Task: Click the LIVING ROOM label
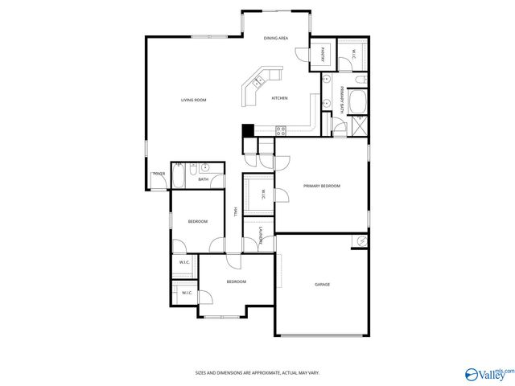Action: tap(193, 100)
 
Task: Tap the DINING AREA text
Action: tap(276, 38)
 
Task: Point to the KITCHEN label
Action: tap(279, 98)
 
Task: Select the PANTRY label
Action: tap(322, 55)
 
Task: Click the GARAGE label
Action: tap(322, 284)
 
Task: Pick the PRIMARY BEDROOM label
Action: tap(322, 186)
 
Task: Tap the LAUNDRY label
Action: tap(260, 235)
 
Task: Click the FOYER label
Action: tap(159, 174)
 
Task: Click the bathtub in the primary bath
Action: tap(357, 102)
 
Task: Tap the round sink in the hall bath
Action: tap(205, 168)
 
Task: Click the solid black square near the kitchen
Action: tap(248, 129)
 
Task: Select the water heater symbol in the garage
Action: tap(362, 241)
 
